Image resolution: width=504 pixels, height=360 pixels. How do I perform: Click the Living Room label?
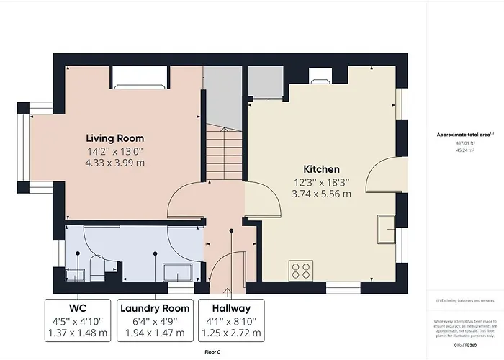115,138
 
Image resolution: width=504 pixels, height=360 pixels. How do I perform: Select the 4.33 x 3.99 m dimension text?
115,163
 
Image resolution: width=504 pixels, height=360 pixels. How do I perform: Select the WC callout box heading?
78,308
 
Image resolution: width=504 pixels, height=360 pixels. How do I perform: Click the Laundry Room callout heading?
155,308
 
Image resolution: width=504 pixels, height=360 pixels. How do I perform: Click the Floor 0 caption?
213,352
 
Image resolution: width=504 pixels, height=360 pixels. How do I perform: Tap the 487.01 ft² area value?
464,143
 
